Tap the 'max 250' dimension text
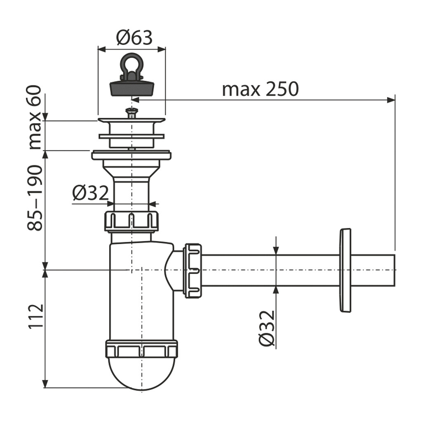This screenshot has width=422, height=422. tap(260, 89)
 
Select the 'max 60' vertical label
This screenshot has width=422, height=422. tap(35, 117)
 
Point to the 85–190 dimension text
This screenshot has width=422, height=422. tap(35, 198)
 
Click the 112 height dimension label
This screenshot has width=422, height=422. tap(36, 316)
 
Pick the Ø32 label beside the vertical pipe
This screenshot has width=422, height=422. tap(90, 193)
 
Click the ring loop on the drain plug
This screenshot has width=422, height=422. tap(131, 64)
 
